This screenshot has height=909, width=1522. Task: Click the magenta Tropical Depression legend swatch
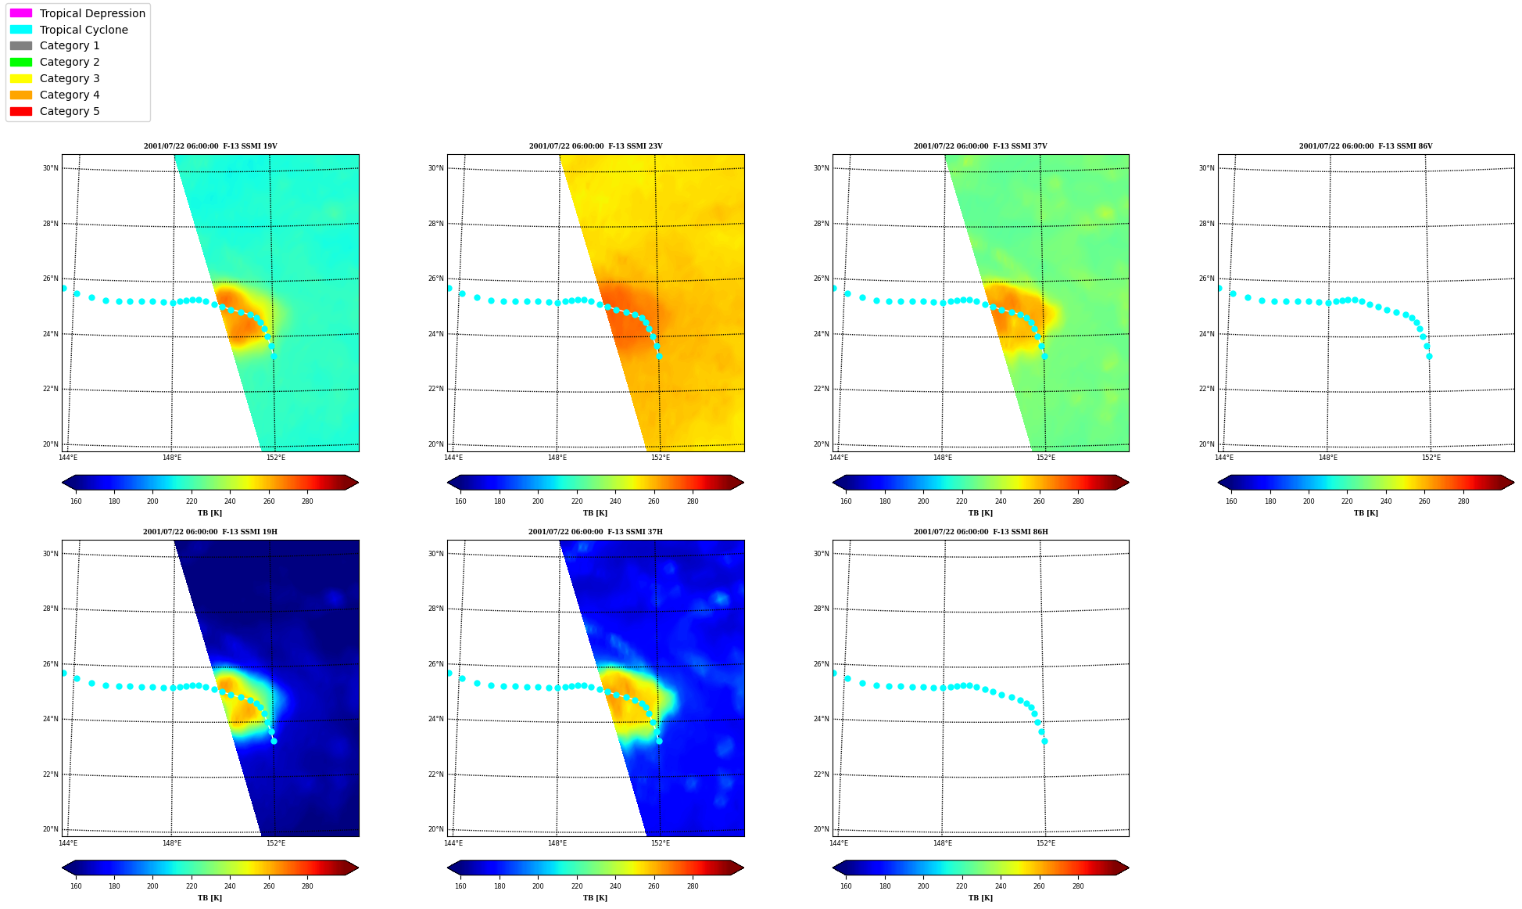click(x=21, y=13)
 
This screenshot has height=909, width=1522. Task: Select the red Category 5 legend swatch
click(x=21, y=111)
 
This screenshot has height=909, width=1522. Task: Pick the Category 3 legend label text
click(x=70, y=78)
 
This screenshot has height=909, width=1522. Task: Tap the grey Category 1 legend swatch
click(x=21, y=45)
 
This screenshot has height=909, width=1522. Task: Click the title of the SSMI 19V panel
click(x=210, y=146)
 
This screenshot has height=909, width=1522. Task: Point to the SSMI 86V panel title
click(x=1366, y=146)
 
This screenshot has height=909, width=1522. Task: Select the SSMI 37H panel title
click(x=596, y=532)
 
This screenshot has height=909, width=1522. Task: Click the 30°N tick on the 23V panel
click(x=435, y=168)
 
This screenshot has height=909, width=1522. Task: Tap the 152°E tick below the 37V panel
click(x=1046, y=458)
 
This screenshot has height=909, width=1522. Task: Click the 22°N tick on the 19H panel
click(x=50, y=774)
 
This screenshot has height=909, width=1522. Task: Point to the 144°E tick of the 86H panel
click(x=839, y=843)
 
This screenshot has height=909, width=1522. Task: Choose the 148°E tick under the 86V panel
click(x=1328, y=458)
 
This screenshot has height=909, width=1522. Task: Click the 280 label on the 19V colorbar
click(x=307, y=501)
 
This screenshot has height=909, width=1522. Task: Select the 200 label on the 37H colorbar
click(x=538, y=886)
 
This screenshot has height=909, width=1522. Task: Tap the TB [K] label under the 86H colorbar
click(x=980, y=898)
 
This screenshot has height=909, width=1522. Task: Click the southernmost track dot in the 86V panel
click(x=1429, y=356)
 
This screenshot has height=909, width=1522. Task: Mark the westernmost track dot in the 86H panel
click(x=834, y=673)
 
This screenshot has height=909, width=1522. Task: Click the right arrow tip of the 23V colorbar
click(x=743, y=483)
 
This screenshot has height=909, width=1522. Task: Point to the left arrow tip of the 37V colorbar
click(x=833, y=483)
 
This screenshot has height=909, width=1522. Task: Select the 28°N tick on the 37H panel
click(x=435, y=609)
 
